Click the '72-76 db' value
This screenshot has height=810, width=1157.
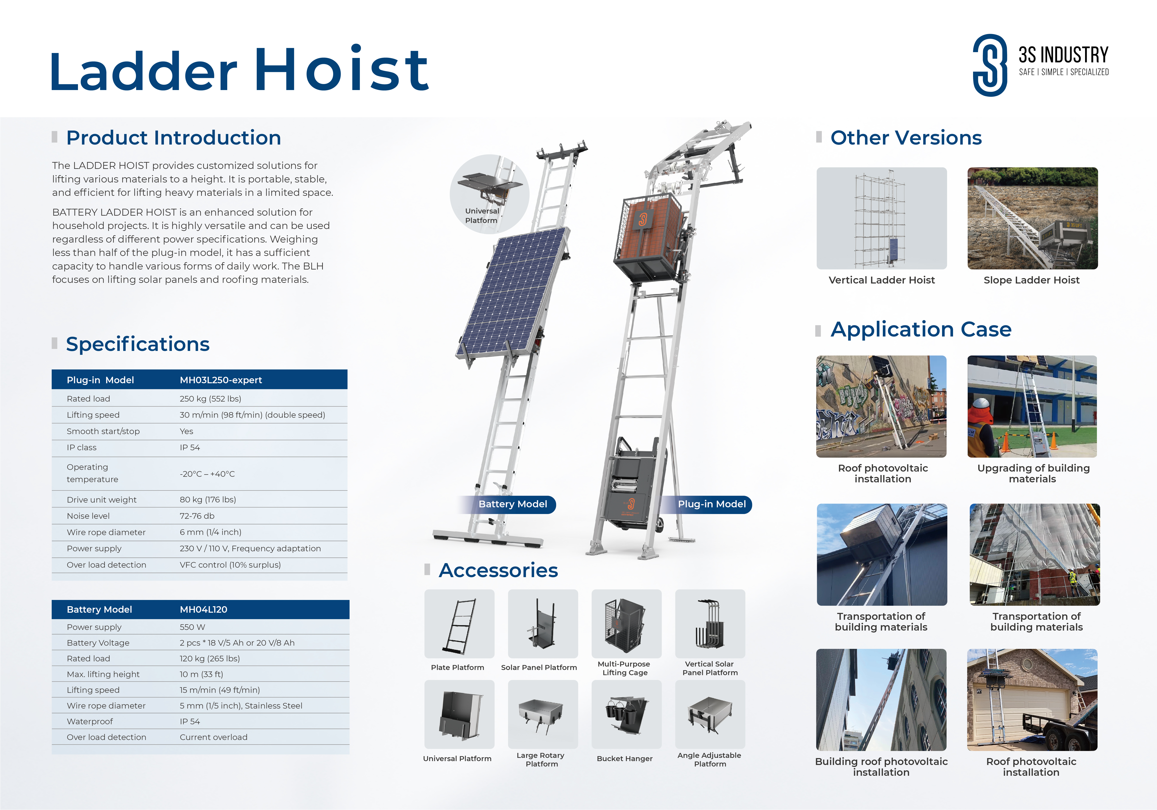point(197,516)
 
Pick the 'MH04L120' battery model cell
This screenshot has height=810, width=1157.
point(204,609)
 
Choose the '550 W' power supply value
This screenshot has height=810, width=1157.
point(193,627)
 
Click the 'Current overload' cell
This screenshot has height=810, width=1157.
point(214,737)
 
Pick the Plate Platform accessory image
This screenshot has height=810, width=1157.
point(459,623)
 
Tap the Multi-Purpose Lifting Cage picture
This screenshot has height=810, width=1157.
point(626,623)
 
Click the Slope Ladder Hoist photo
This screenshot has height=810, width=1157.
point(1033,218)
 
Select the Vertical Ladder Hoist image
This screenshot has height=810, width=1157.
point(882,218)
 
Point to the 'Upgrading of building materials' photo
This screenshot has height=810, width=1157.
point(1032,406)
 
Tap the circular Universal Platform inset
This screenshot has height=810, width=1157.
point(489,194)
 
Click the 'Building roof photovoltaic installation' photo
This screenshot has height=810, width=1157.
point(881,700)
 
